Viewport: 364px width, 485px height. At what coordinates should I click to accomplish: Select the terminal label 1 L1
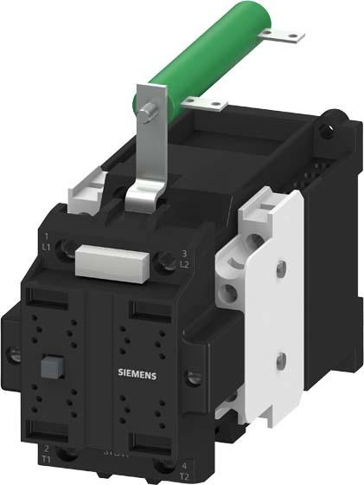coord(47,241)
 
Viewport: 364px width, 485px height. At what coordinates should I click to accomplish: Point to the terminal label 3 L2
coord(184,257)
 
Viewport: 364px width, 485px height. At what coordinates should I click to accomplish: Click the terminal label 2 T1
coord(46,454)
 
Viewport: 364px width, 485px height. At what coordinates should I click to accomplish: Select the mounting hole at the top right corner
coord(326,129)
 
